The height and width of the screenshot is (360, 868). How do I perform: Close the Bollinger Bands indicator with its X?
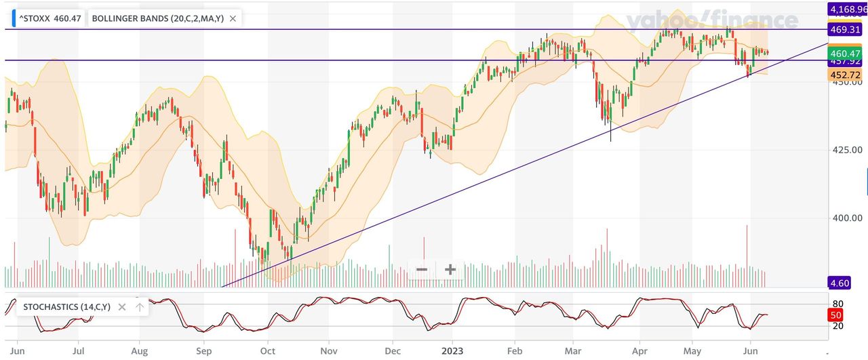[233, 18]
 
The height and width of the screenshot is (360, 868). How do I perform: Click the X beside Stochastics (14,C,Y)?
[122, 307]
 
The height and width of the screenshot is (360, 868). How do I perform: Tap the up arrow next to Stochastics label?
[140, 307]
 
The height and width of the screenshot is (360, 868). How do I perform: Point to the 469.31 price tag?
[844, 30]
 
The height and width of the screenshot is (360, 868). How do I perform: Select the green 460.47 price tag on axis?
[844, 53]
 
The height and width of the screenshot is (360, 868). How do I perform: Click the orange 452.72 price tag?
[844, 75]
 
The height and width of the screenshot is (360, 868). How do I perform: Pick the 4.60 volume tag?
[839, 282]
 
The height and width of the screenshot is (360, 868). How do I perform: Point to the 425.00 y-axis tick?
[848, 150]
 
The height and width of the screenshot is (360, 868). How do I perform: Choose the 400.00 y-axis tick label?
[848, 218]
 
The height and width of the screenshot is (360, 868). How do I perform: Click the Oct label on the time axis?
[268, 351]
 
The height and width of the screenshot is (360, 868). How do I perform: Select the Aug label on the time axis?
[139, 351]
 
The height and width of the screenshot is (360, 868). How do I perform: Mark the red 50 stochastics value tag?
[835, 315]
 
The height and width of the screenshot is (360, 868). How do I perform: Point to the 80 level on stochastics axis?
[837, 304]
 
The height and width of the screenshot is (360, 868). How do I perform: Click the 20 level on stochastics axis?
[837, 326]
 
